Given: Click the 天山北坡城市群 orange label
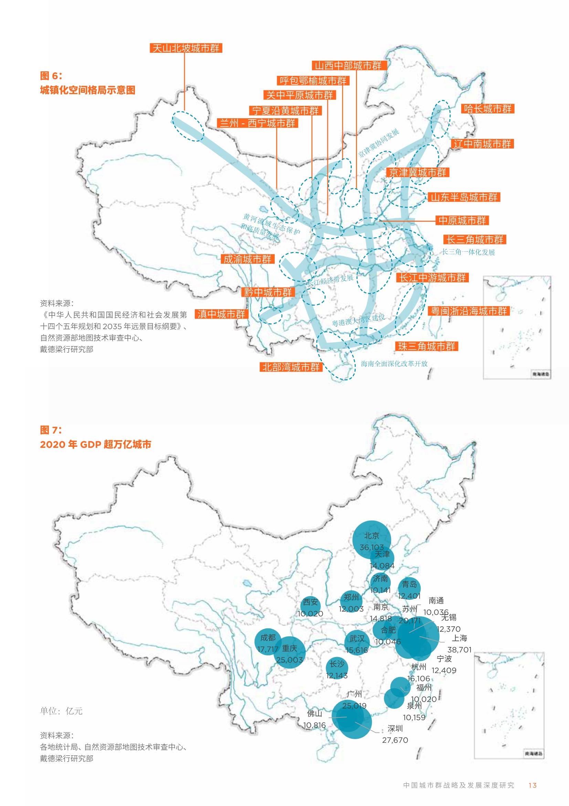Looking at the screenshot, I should click(x=186, y=48).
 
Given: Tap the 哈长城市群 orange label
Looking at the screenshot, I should click(x=487, y=109).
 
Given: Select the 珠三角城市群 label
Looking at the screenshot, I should click(x=426, y=346).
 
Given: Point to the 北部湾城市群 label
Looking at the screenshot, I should click(x=291, y=367).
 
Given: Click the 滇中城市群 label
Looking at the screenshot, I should click(x=221, y=314).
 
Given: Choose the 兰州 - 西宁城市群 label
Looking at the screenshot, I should click(x=257, y=123).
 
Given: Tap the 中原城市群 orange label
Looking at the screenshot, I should click(x=462, y=220).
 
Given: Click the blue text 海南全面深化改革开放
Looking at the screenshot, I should click(x=394, y=364).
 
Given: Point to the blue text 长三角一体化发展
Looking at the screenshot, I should click(x=468, y=252).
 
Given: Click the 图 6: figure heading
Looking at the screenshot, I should click(x=51, y=75).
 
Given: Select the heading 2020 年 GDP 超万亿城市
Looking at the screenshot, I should click(x=95, y=444).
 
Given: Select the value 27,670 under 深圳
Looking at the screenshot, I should click(x=395, y=740).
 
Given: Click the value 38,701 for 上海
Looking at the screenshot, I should click(x=459, y=650).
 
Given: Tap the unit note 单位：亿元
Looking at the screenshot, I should click(x=61, y=711).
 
